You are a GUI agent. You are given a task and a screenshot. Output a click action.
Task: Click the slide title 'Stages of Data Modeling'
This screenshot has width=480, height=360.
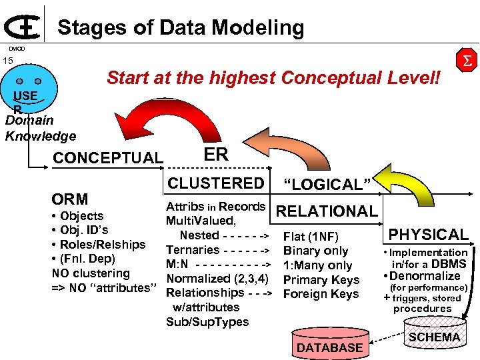click(x=180, y=27)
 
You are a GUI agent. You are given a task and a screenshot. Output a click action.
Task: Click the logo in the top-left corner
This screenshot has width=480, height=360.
click(x=24, y=25)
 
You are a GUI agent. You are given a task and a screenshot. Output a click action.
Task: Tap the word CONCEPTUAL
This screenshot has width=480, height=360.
click(x=107, y=158)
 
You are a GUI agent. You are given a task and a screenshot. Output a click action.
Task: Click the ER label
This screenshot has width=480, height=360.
click(x=216, y=155)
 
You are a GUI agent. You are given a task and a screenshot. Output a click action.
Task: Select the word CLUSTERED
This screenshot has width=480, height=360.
click(x=216, y=183)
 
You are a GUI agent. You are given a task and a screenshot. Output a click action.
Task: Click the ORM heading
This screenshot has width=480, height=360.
click(x=70, y=199)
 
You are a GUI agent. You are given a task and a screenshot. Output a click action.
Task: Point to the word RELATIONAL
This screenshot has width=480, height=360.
click(x=327, y=211)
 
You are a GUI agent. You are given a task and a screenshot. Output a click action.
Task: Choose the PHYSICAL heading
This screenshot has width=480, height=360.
click(x=429, y=234)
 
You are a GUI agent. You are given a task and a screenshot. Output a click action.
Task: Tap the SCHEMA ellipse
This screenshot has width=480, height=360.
click(x=434, y=337)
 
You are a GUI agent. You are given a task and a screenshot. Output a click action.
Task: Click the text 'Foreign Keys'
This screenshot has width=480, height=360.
click(x=321, y=294)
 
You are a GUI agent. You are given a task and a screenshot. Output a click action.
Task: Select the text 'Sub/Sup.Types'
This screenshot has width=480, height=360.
click(x=207, y=322)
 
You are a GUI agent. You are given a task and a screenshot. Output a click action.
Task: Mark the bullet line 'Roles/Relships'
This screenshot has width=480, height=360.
click(x=102, y=244)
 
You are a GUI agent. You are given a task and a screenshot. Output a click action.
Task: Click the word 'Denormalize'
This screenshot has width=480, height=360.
click(x=429, y=276)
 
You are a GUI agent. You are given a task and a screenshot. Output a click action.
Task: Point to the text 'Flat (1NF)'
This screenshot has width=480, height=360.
click(x=311, y=237)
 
